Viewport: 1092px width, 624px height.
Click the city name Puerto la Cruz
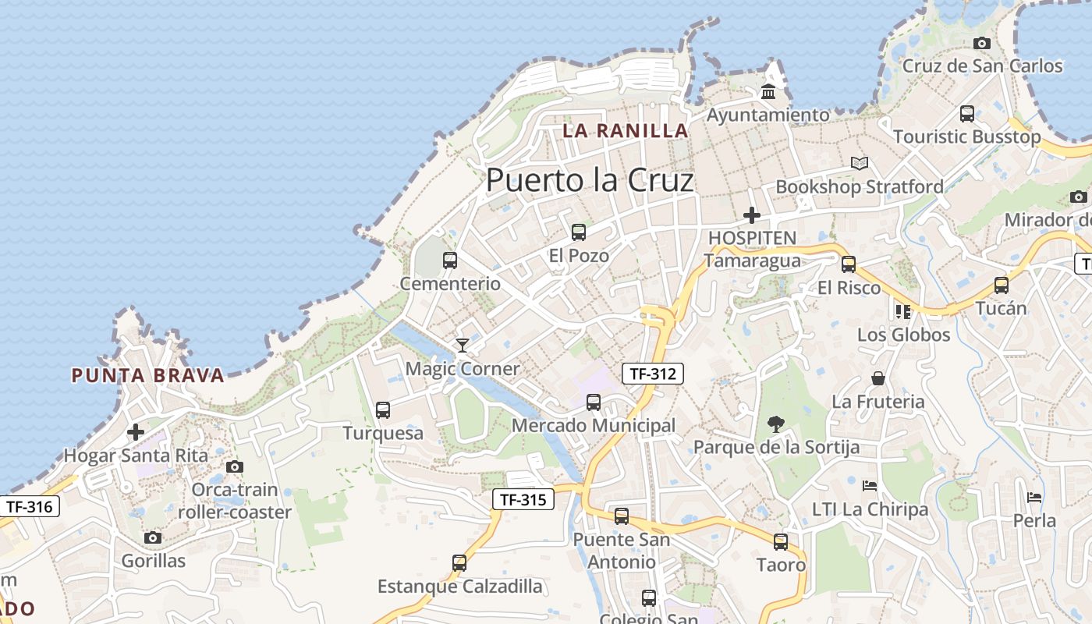point(590,180)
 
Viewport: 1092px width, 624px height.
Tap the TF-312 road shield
point(653,374)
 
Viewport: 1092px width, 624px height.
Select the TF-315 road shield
point(523,499)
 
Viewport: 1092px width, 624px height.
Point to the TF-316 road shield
point(30,506)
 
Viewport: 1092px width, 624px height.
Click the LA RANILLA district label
point(626,130)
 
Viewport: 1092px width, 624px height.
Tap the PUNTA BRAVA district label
point(147,375)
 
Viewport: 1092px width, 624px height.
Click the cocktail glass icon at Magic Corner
point(463,345)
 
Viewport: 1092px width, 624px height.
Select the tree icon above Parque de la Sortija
point(775,424)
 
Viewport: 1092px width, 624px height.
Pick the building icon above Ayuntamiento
point(768,92)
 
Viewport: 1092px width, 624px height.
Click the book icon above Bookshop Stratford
point(859,164)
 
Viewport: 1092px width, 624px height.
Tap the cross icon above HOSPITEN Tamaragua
point(752,214)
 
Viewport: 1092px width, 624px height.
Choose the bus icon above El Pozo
point(578,232)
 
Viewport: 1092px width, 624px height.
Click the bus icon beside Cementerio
point(450,261)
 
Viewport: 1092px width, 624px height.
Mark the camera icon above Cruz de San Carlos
point(982,43)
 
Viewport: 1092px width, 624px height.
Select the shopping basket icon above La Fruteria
point(878,378)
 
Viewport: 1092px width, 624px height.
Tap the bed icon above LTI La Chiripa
point(870,486)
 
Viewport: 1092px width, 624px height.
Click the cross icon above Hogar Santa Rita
point(136,431)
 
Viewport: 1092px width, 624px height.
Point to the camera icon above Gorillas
point(153,537)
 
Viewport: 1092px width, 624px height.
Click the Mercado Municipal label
point(594,426)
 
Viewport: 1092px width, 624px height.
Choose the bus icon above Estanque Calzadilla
point(459,562)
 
